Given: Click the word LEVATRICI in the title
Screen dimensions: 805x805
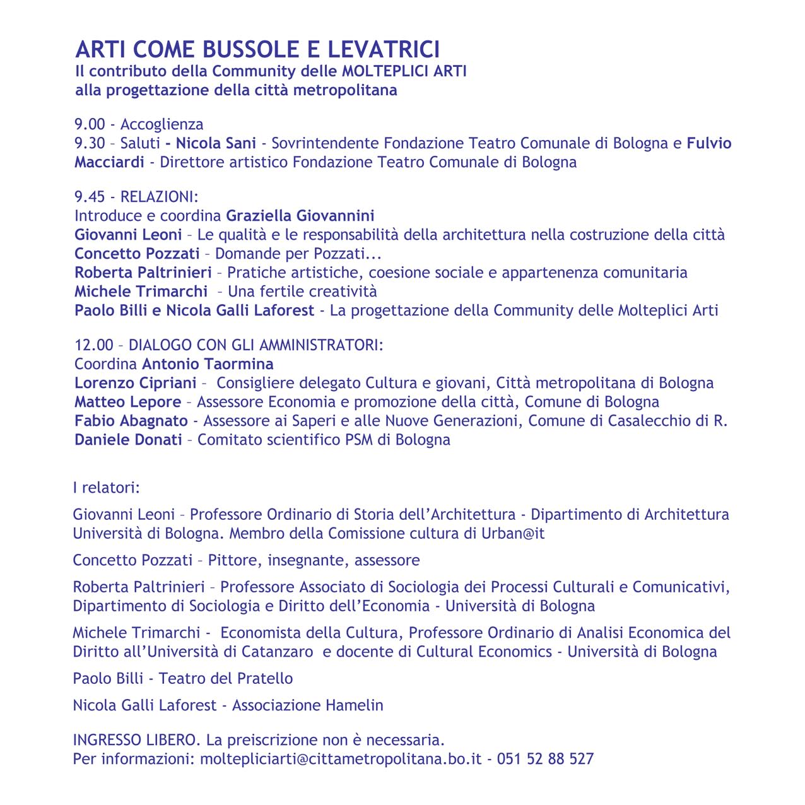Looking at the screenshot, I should tap(383, 49).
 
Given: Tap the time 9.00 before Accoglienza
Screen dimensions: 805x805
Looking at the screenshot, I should tap(90, 124).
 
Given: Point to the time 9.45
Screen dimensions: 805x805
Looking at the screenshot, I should tap(90, 197).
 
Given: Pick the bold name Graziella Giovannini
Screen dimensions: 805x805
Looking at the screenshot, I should tap(300, 216).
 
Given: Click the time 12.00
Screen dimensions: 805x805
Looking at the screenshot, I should tap(94, 345).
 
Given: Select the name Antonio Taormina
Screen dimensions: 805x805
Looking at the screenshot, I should tap(208, 364).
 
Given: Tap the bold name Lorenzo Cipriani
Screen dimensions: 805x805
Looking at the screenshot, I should tap(136, 383).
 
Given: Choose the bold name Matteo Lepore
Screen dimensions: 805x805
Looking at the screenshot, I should tap(127, 402).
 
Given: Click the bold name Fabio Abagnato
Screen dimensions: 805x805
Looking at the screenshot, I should tap(131, 421).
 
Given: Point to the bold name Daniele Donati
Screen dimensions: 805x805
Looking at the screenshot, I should tap(128, 440).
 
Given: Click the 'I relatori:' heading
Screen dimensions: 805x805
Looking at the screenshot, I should tap(106, 488).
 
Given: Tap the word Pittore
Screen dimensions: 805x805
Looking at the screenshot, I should tap(233, 560).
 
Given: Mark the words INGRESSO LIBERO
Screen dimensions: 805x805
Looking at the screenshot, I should tap(137, 739).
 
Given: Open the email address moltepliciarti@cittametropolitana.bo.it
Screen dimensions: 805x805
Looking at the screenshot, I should tap(341, 758).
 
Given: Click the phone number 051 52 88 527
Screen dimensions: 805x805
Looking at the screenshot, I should tap(545, 758).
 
